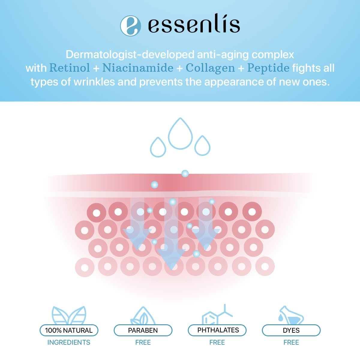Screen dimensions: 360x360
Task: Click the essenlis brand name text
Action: [194, 25]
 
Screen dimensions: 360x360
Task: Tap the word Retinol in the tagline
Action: [70, 68]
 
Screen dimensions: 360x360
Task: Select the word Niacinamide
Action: [138, 68]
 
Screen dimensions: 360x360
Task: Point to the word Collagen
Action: [210, 68]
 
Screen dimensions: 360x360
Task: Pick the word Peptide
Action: [268, 68]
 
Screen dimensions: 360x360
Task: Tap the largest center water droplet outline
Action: [180, 134]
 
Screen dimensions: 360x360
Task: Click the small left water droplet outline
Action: [158, 147]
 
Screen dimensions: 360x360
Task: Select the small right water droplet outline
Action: [202, 146]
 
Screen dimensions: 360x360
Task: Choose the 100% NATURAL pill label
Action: [69, 330]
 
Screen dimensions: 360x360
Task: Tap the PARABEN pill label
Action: [143, 330]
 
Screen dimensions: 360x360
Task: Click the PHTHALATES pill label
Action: [217, 330]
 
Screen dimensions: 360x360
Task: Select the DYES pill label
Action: [291, 330]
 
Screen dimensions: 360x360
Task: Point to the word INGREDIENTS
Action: [69, 342]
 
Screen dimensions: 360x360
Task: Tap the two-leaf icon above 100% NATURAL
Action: [69, 315]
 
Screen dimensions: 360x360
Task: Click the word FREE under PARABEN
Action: [143, 342]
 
